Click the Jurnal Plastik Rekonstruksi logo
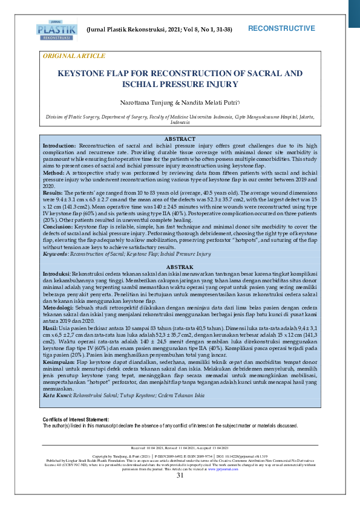tap(57, 28)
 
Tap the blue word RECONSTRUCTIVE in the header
tap(281, 28)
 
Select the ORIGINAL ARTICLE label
tap(73, 56)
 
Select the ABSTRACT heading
tap(180, 139)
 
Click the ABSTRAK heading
tap(180, 267)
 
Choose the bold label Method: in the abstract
tap(53, 172)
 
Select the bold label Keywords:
tap(55, 254)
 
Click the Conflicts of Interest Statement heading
tap(76, 420)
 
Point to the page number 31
tap(180, 493)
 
